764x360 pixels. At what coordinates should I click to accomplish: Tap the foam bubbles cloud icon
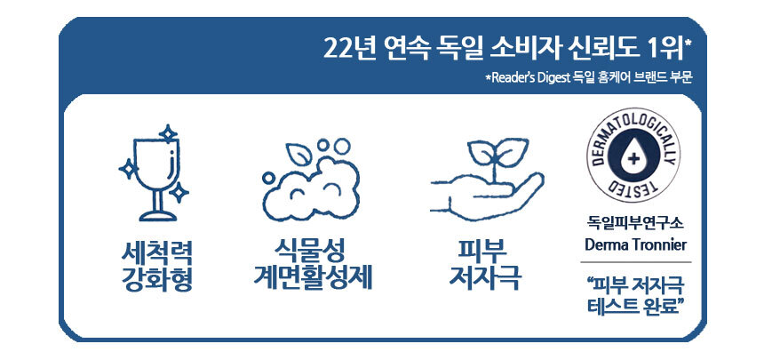click(311, 181)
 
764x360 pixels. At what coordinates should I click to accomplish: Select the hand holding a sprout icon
click(487, 180)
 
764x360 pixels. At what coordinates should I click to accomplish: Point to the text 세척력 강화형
click(157, 266)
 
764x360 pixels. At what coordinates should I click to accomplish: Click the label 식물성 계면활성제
click(313, 266)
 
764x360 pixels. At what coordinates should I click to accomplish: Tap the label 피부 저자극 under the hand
click(485, 266)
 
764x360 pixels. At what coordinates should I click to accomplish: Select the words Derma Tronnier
click(636, 244)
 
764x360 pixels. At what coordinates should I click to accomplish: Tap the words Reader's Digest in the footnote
click(529, 78)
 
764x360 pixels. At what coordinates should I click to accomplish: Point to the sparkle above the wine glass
click(169, 133)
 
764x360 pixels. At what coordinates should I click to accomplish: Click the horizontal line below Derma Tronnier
click(636, 262)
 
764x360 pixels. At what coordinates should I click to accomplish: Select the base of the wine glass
click(157, 216)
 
